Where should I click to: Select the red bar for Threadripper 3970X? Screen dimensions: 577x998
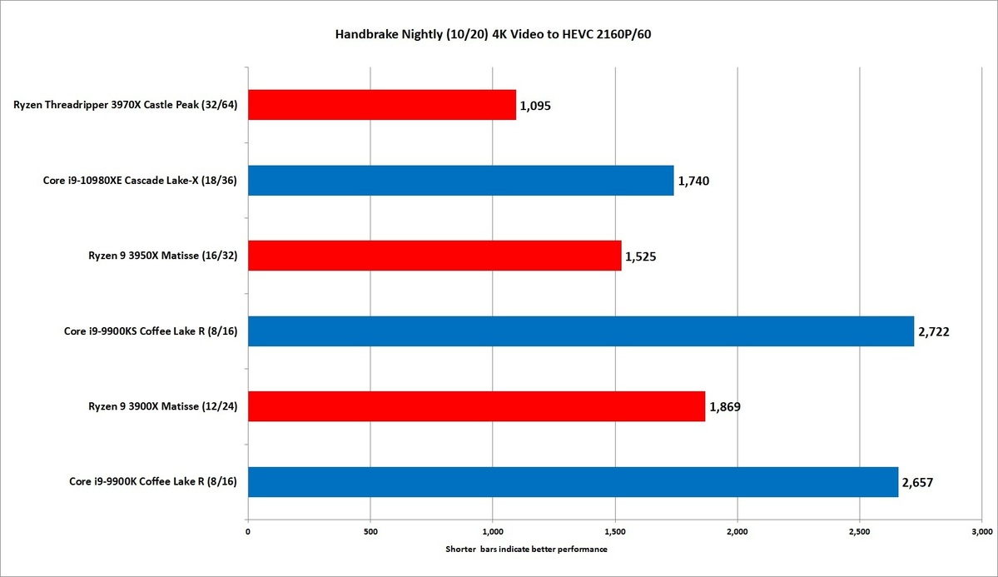pyautogui.click(x=381, y=105)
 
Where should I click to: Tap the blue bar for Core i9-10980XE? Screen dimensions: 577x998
pyautogui.click(x=460, y=180)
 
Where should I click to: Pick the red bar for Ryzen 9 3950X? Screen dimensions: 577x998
pyautogui.click(x=434, y=256)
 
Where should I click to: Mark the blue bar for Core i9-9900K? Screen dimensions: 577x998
pyautogui.click(x=573, y=481)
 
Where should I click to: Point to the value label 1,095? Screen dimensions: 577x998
pyautogui.click(x=535, y=106)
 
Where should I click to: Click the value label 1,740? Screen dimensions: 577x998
pyautogui.click(x=693, y=181)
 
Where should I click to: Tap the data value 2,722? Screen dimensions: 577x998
pyautogui.click(x=933, y=331)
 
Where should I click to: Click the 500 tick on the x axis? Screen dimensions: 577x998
pyautogui.click(x=370, y=530)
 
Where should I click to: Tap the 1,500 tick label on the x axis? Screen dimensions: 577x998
pyautogui.click(x=615, y=530)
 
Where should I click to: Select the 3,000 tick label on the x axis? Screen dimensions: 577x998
pyautogui.click(x=981, y=530)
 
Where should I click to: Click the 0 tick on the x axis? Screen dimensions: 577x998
pyautogui.click(x=248, y=530)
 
